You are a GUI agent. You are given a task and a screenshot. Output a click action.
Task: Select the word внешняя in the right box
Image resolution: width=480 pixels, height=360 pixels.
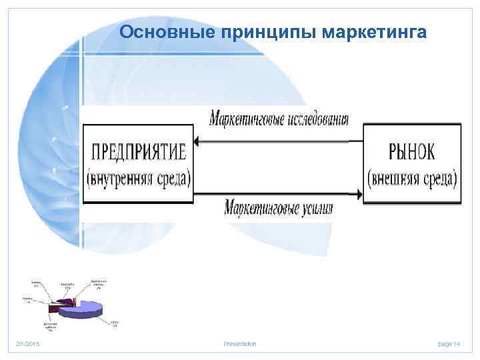(x=401, y=178)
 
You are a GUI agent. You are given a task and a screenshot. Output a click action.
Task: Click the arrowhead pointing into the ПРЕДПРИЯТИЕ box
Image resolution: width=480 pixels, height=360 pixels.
(x=199, y=141)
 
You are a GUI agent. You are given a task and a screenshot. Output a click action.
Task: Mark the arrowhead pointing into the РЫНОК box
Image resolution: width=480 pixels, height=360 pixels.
(x=359, y=195)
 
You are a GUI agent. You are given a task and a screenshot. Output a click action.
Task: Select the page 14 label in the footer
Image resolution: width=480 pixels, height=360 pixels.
(x=449, y=343)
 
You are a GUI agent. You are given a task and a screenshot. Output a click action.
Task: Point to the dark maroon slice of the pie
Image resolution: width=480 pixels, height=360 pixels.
(x=54, y=308)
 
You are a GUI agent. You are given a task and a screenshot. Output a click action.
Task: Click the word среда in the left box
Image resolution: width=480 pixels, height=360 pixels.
(x=172, y=178)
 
